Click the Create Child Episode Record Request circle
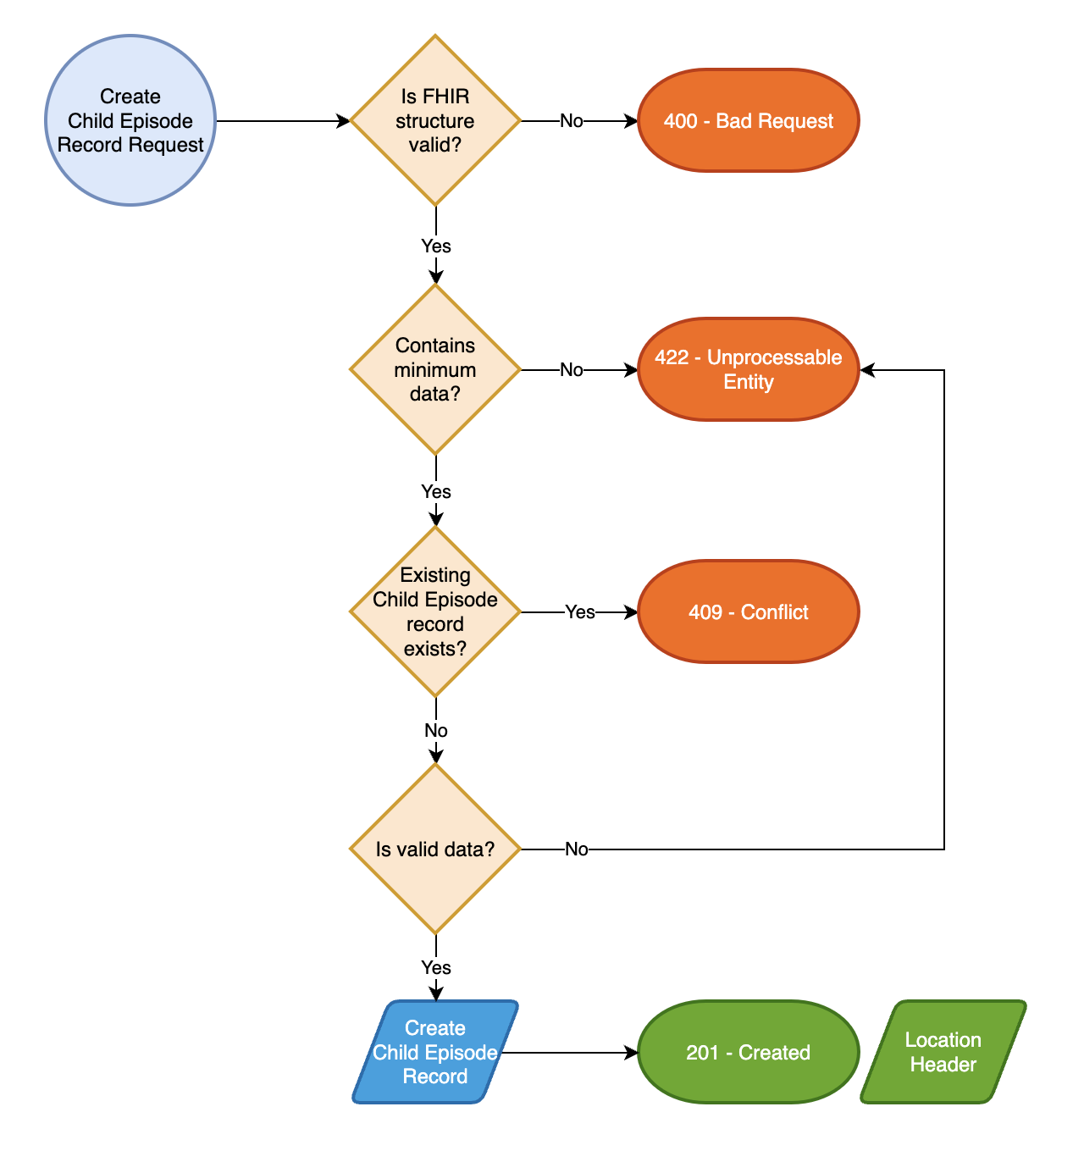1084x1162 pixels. pos(130,120)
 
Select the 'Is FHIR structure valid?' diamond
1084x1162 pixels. pos(435,120)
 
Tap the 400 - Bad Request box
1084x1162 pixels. pos(748,120)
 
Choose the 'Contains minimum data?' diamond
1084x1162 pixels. pos(435,369)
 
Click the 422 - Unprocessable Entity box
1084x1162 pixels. pos(748,369)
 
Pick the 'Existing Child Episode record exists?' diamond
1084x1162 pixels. pos(435,611)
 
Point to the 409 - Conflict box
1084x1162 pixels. pos(748,611)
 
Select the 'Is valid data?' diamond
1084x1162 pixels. pos(435,849)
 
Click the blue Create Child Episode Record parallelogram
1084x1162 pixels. pos(435,1052)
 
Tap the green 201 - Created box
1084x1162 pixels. pos(748,1052)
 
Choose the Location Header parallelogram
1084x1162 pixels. pos(943,1052)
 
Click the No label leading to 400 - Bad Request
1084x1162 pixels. pos(572,121)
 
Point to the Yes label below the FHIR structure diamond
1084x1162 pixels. pos(436,246)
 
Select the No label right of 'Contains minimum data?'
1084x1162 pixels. pos(572,370)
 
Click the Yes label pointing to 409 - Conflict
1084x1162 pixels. pos(580,612)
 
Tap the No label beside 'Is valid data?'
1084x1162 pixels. pos(577,849)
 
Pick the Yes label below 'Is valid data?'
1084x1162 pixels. pos(436,968)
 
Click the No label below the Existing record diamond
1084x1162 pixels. pos(436,731)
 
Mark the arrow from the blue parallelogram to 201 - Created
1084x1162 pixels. pos(567,1053)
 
